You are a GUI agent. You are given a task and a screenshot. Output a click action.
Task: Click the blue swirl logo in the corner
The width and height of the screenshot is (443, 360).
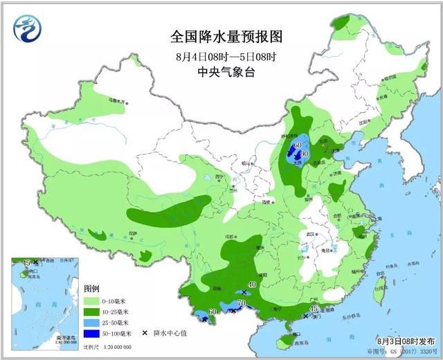[27, 28]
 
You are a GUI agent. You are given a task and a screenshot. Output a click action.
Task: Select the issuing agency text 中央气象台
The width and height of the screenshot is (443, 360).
[217, 71]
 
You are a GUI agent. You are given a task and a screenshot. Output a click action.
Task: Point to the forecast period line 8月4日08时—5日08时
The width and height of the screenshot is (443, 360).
[217, 55]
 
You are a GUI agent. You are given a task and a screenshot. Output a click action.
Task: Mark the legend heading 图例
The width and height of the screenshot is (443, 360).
[92, 288]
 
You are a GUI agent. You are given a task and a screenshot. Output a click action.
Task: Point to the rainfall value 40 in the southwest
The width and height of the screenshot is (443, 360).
[252, 285]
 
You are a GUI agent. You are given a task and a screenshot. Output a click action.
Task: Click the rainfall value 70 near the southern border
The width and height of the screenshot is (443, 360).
[242, 303]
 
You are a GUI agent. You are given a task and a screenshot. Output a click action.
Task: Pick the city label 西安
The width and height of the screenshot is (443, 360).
[266, 202]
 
